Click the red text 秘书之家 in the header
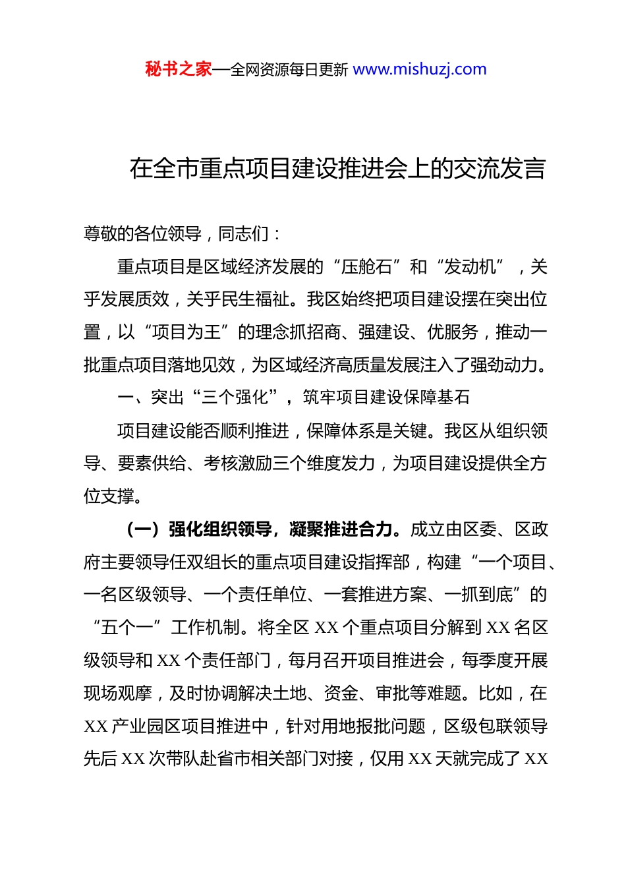(179, 69)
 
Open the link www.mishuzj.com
(420, 69)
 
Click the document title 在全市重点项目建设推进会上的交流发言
(337, 169)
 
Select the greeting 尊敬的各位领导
(143, 234)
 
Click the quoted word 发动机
(470, 267)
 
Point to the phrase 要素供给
(152, 463)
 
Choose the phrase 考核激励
(238, 463)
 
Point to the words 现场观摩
(118, 694)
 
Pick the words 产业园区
(146, 726)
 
